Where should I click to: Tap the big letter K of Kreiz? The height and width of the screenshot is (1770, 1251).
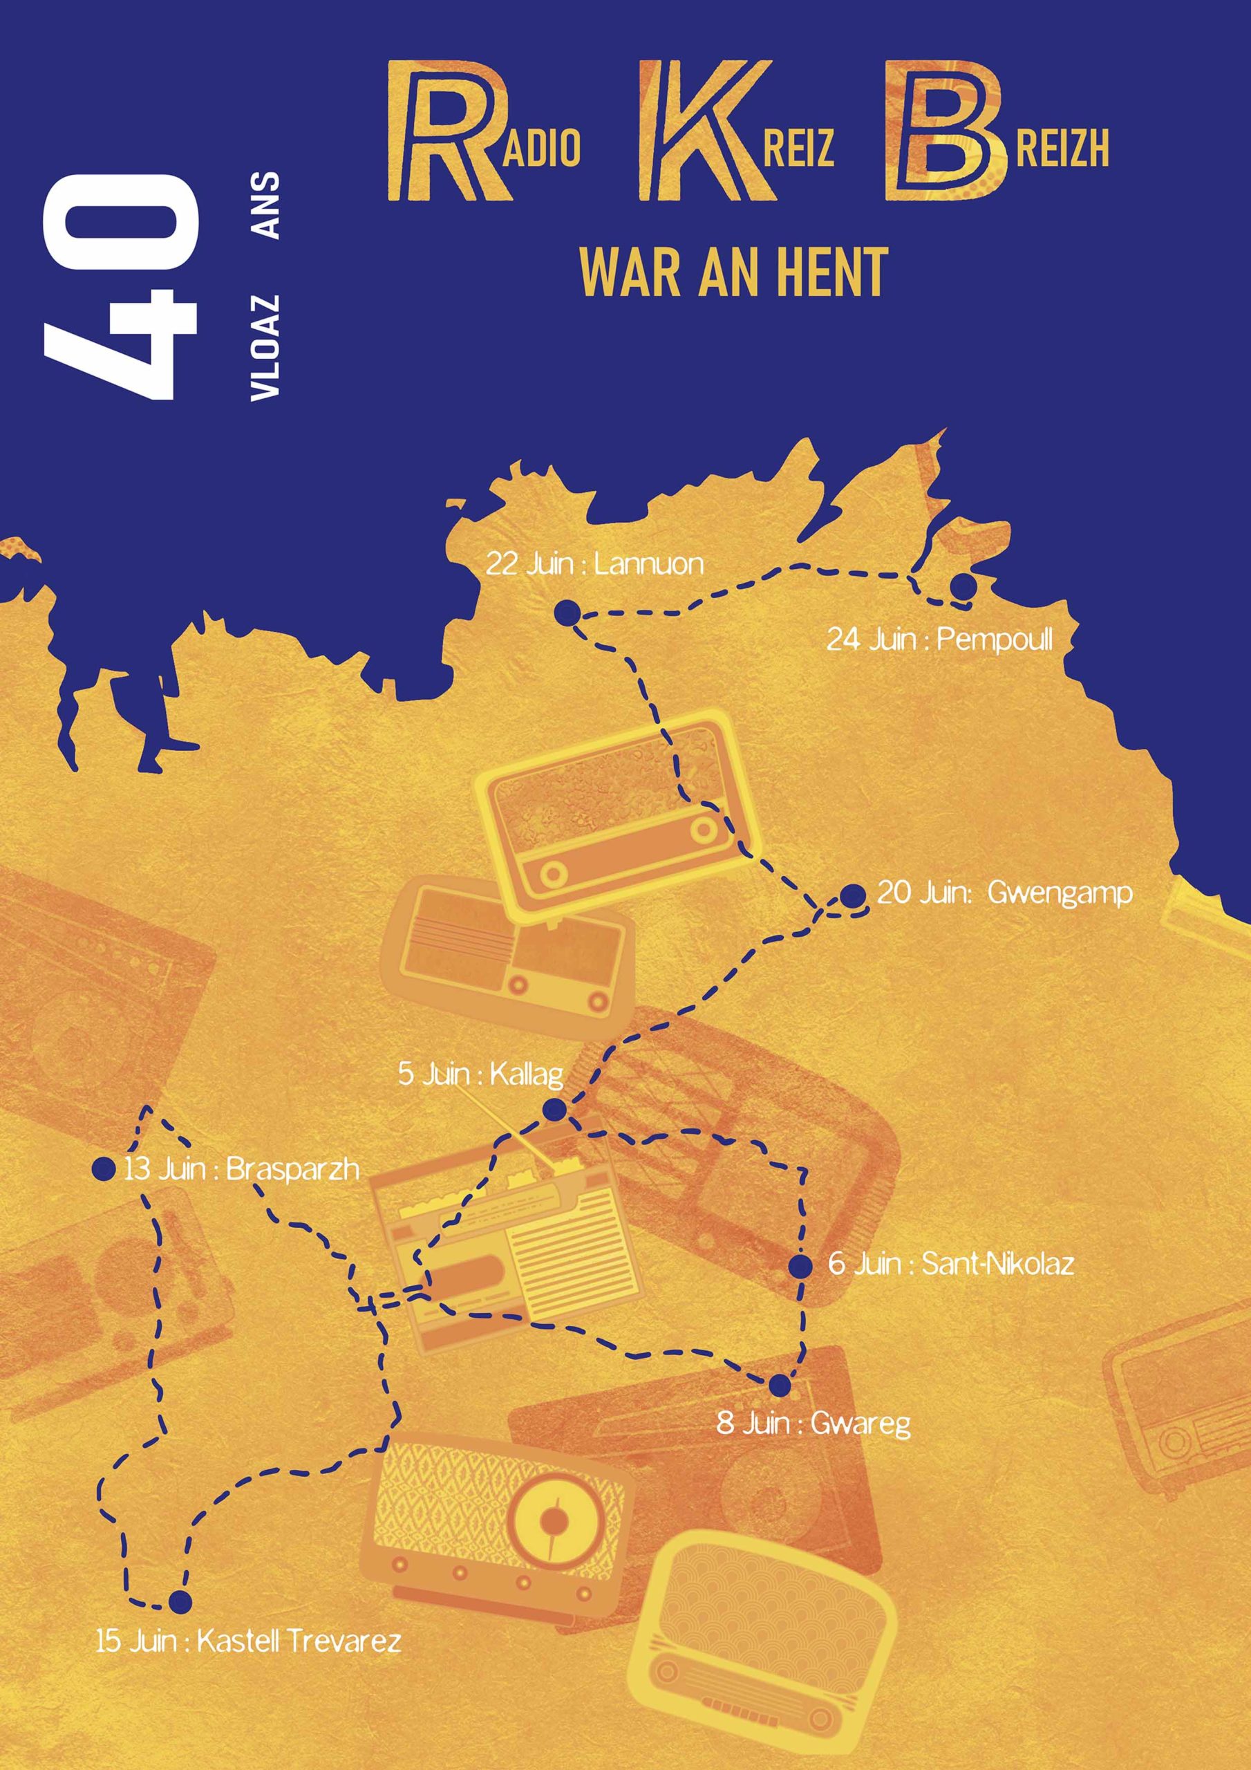click(x=697, y=133)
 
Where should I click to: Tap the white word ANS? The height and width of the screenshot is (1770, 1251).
click(x=265, y=205)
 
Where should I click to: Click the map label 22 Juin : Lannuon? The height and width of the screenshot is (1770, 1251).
click(x=594, y=563)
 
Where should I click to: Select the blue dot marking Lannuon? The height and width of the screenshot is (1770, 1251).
click(x=567, y=614)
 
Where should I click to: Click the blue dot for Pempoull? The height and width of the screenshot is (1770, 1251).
click(x=963, y=587)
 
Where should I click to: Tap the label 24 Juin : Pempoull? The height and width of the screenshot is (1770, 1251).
click(x=939, y=639)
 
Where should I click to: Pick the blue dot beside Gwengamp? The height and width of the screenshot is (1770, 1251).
click(x=852, y=896)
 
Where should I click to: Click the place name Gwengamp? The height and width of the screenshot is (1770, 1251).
click(x=1059, y=893)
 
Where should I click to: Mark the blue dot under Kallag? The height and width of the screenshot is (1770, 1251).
click(x=554, y=1110)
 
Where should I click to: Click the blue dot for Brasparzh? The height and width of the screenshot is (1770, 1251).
click(x=103, y=1168)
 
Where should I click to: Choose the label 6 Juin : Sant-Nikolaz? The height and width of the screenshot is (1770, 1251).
click(x=950, y=1265)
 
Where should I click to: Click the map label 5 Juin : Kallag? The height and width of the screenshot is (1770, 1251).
click(x=480, y=1074)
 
